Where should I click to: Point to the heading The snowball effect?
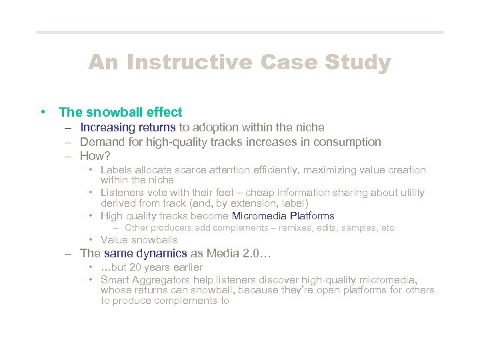[120, 113]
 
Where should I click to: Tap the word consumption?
[349, 142]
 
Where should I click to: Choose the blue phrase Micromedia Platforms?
[283, 216]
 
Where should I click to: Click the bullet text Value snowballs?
[139, 240]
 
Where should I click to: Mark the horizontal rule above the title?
[240, 32]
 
